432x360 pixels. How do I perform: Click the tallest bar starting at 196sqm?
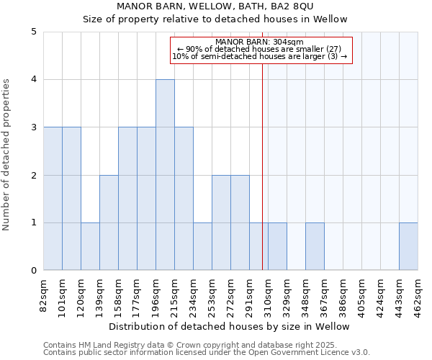pyautogui.click(x=165, y=175)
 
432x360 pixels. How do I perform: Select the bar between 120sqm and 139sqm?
pyautogui.click(x=90, y=246)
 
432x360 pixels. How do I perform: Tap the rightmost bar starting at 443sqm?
pyautogui.click(x=408, y=246)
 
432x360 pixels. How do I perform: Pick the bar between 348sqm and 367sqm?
pyautogui.click(x=315, y=246)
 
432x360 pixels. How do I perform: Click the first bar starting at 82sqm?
pyautogui.click(x=53, y=199)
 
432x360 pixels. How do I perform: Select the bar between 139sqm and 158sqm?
pyautogui.click(x=109, y=222)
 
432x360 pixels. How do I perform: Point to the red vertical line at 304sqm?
pyautogui.click(x=262, y=180)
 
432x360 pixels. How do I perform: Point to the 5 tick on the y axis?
pyautogui.click(x=34, y=32)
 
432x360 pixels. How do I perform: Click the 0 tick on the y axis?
pyautogui.click(x=34, y=271)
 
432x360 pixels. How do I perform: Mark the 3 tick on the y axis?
pyautogui.click(x=34, y=127)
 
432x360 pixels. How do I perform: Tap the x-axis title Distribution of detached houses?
pyautogui.click(x=230, y=326)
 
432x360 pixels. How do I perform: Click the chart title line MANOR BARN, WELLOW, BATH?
pyautogui.click(x=230, y=6)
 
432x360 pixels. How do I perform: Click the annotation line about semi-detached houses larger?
pyautogui.click(x=260, y=56)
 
